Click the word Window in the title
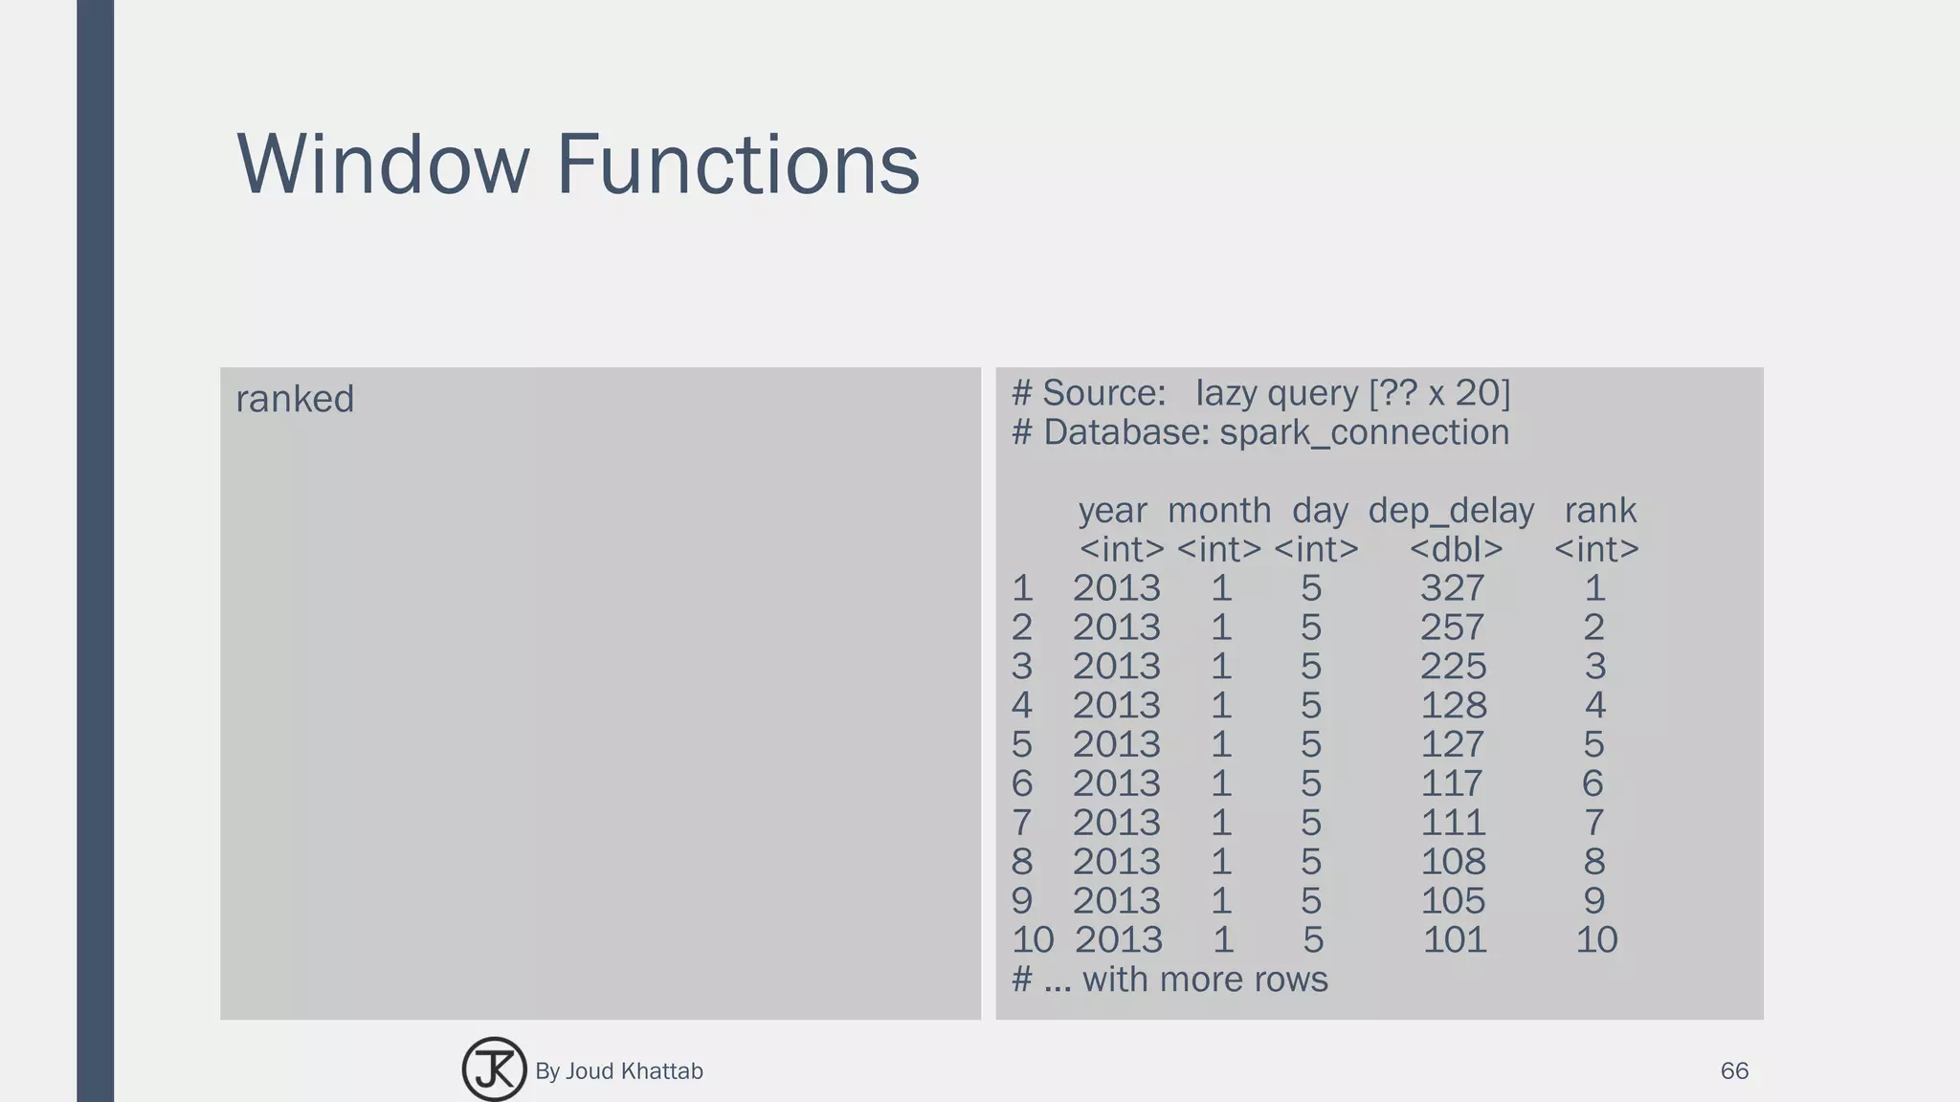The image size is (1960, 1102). click(x=382, y=165)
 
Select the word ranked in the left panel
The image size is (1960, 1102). click(x=295, y=399)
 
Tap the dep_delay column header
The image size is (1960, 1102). click(x=1451, y=511)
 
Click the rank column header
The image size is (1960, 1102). click(x=1600, y=511)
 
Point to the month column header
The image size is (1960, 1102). click(x=1218, y=511)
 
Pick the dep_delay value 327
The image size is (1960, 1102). click(x=1452, y=588)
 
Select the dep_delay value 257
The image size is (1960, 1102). click(x=1452, y=628)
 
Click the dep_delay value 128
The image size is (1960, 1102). click(x=1453, y=706)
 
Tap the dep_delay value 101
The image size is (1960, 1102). click(x=1455, y=940)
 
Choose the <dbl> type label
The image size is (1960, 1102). click(x=1456, y=550)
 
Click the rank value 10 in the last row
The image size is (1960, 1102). click(x=1596, y=940)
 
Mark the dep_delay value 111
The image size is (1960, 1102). click(x=1453, y=823)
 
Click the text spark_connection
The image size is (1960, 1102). click(x=1364, y=433)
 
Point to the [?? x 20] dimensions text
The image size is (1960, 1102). click(x=1439, y=393)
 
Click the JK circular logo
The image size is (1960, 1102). click(x=494, y=1069)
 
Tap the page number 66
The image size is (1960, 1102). click(x=1734, y=1071)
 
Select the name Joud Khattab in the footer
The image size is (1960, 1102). click(x=634, y=1071)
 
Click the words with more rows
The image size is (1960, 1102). click(x=1205, y=980)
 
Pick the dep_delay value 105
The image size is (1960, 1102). click(x=1453, y=901)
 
